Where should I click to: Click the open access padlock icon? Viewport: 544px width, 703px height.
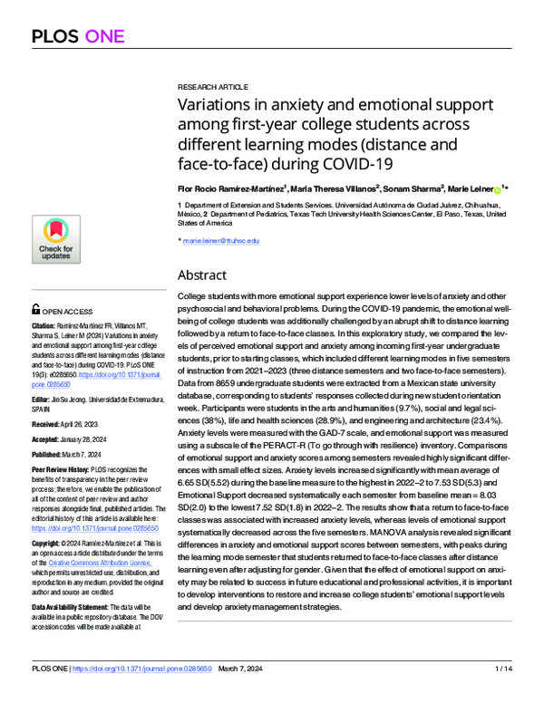point(35,308)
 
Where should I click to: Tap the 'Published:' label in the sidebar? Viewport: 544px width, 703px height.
point(50,454)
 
